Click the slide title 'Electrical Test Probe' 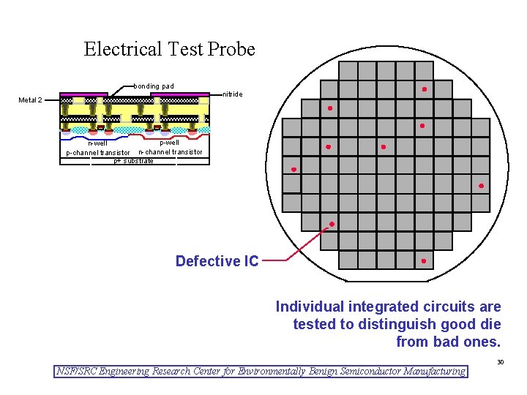[169, 50]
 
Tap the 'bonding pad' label [154, 86]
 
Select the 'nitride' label [233, 94]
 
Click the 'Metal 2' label [31, 100]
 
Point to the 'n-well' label [97, 143]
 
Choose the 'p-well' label [169, 142]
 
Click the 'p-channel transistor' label [97, 153]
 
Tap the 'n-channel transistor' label [171, 151]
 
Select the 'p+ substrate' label [133, 160]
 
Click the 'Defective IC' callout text [217, 261]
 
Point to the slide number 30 [500, 362]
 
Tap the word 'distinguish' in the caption [385, 324]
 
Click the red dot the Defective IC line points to [332, 224]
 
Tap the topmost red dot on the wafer [425, 89]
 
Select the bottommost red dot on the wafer [424, 260]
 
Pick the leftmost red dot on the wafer [294, 170]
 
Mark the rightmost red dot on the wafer [481, 186]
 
